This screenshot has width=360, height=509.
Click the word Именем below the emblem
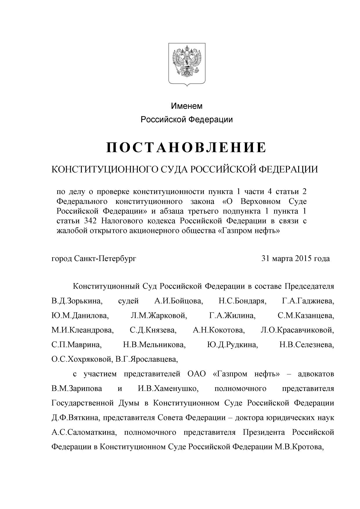pyautogui.click(x=187, y=106)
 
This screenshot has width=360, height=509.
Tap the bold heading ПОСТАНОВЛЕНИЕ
pyautogui.click(x=186, y=147)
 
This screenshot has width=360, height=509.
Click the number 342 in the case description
pyautogui.click(x=90, y=221)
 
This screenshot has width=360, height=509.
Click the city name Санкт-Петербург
pyautogui.click(x=105, y=258)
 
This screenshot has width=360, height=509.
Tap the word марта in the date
pyautogui.click(x=283, y=258)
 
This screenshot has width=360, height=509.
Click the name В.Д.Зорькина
pyautogui.click(x=77, y=301)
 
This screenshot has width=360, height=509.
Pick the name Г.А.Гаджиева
pyautogui.click(x=308, y=301)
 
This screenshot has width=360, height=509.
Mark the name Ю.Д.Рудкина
pyautogui.click(x=232, y=345)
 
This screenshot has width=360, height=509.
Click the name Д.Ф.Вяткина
pyautogui.click(x=76, y=418)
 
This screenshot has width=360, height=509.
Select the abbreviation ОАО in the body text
pyautogui.click(x=195, y=374)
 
